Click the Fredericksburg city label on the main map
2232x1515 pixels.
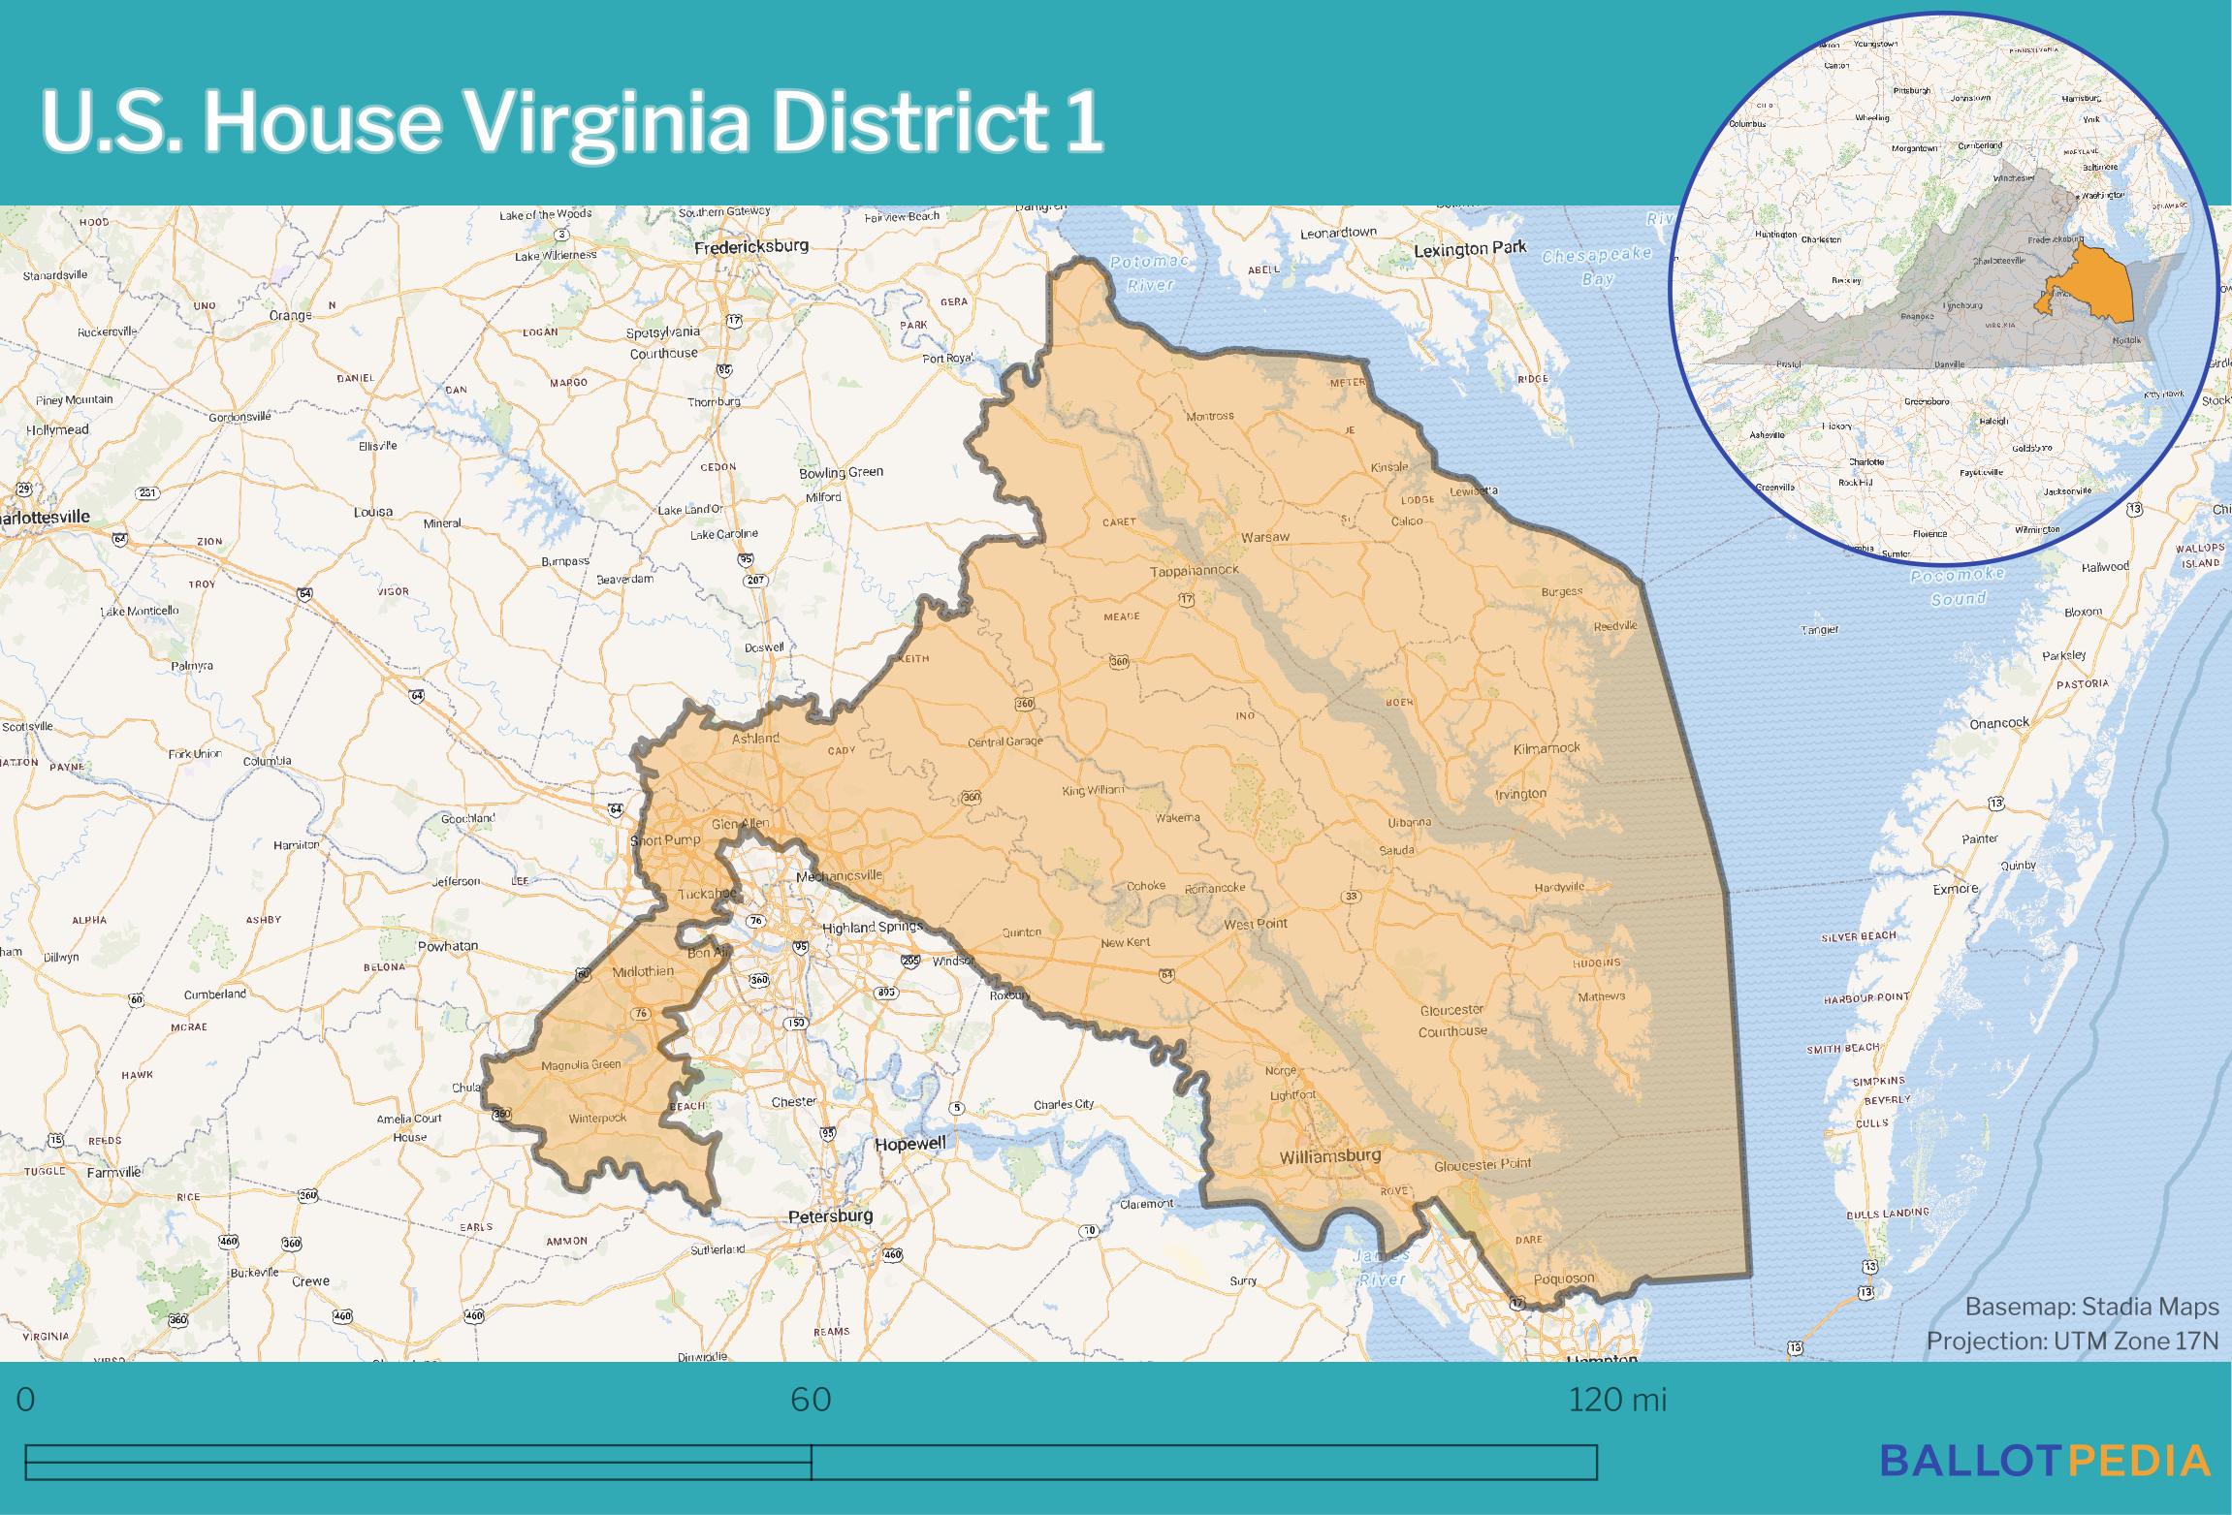tap(751, 247)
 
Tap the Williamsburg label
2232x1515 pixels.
tap(1329, 1156)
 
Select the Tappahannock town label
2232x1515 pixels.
tap(1195, 572)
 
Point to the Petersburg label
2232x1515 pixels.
tap(830, 1215)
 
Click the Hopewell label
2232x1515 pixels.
tap(909, 1144)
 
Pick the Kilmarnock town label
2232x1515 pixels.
tap(1546, 748)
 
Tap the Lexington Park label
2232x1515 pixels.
tap(1470, 249)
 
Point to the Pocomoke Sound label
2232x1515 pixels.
tap(1957, 586)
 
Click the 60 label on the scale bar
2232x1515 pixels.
tap(811, 1401)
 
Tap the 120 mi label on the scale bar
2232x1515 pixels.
tap(1617, 1401)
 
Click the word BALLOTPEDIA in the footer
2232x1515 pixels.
tap(2045, 1461)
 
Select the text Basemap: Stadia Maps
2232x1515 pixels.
tap(2091, 1307)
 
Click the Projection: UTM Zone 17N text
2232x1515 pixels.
tap(2072, 1341)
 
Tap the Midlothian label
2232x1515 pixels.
tap(643, 972)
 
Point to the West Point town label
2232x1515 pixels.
tap(1255, 924)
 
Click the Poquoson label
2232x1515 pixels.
tap(1563, 1278)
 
